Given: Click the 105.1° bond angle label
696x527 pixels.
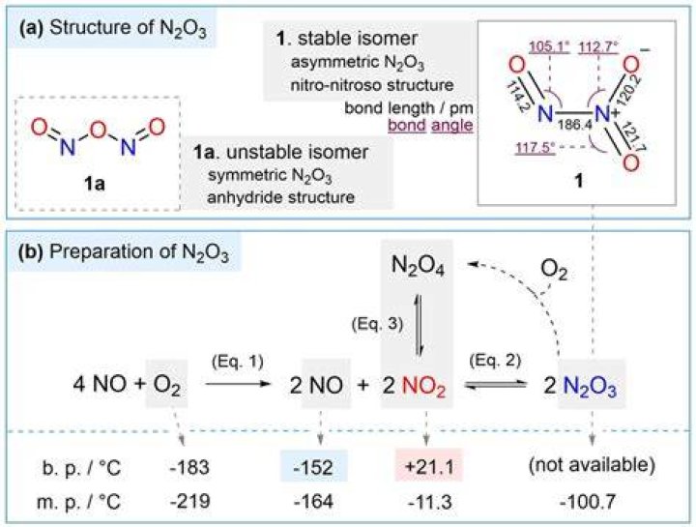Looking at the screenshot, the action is (x=549, y=46).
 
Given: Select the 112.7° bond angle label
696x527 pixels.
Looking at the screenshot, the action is (x=598, y=46).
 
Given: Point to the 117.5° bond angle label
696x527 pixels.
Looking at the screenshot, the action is (x=536, y=147).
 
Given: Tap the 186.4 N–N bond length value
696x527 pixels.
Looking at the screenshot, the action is (x=575, y=125).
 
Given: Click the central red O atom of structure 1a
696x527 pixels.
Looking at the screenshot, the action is (x=98, y=130).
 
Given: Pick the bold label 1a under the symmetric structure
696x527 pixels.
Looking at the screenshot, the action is (x=94, y=183).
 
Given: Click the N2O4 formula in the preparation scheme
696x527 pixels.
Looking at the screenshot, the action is (x=418, y=266).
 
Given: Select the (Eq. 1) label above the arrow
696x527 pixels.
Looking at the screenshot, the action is (x=238, y=362).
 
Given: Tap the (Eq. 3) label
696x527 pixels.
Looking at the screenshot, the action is (x=377, y=324).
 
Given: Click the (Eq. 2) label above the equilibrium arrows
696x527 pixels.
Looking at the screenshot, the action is (x=495, y=361).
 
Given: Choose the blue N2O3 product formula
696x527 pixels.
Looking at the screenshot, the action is (x=590, y=386).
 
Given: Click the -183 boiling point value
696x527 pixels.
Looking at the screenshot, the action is (x=189, y=467).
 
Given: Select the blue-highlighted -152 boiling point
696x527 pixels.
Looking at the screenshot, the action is (x=313, y=467).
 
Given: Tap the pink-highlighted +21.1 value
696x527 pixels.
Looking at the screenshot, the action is (x=429, y=466).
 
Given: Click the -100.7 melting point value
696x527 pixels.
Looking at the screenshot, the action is (x=588, y=502).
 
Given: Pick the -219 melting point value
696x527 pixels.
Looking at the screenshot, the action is (x=190, y=502).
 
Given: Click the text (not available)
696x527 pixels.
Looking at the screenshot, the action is (x=592, y=465).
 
